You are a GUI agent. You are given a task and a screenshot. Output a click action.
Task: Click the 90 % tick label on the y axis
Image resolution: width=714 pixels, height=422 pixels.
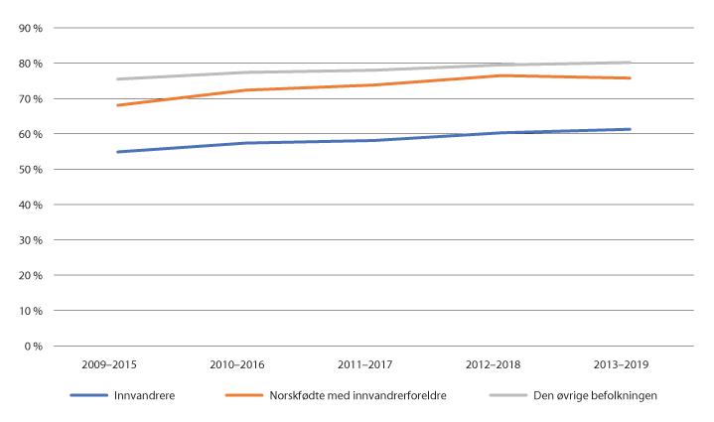coord(31,28)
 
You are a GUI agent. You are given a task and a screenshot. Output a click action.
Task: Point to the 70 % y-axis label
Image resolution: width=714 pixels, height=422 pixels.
coord(31,99)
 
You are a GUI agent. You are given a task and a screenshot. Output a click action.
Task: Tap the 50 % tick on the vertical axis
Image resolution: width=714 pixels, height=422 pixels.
coord(31,170)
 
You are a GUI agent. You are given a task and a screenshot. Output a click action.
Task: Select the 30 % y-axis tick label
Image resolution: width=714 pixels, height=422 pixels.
coord(31,240)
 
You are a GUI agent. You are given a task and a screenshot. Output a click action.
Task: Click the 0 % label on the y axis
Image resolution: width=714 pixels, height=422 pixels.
coord(33,347)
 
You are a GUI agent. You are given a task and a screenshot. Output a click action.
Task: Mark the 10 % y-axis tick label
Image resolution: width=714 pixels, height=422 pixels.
coord(31,311)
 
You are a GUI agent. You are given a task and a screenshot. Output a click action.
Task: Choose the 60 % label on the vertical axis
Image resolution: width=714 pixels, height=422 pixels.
coord(31,134)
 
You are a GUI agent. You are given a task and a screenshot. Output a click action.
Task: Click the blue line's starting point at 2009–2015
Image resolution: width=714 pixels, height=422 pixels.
coord(118,152)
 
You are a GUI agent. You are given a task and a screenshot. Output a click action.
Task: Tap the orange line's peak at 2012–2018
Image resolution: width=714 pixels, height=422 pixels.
coord(501,75)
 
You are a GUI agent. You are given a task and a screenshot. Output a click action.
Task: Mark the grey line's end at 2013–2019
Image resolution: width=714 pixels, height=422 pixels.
coord(630,62)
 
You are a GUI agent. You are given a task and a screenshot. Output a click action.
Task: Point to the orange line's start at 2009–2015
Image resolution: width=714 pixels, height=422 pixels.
coord(118,105)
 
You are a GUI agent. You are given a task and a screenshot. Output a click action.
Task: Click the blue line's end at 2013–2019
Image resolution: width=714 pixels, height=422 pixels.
coord(630,129)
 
